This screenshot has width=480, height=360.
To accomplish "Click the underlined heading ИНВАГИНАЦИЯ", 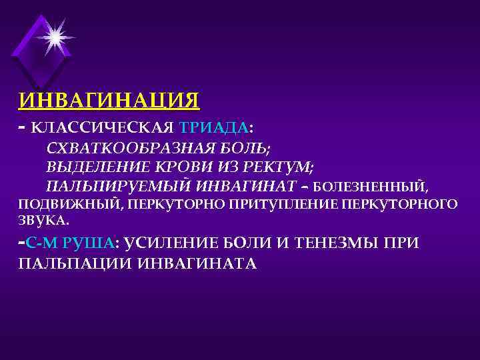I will pos(109,100).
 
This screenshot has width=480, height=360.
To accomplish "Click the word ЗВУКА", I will pos(41,219).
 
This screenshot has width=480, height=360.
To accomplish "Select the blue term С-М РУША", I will pos(69,243).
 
